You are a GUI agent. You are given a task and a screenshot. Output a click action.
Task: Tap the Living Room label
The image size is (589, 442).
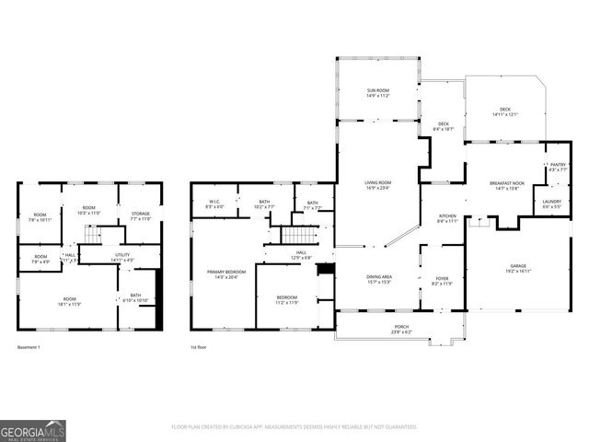coord(378,185)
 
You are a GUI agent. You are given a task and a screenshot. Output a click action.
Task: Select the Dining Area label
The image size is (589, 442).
coord(379,278)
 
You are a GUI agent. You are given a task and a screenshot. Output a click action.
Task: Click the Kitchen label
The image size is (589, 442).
coord(447,218)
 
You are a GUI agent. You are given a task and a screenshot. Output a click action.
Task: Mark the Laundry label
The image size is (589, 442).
coord(551,204)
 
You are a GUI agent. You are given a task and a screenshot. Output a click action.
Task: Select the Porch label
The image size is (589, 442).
coord(401,328)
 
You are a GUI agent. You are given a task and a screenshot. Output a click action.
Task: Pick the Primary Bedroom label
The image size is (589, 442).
coord(224,274)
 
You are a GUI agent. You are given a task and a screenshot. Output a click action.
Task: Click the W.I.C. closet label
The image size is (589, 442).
coord(214,204)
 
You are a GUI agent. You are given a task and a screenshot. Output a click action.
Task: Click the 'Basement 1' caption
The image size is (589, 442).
coord(29,347)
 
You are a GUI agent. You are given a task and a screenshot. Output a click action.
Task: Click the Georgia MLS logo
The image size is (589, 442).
coord(33,429)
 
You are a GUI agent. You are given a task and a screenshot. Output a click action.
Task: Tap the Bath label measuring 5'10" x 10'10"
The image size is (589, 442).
coord(135,298)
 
